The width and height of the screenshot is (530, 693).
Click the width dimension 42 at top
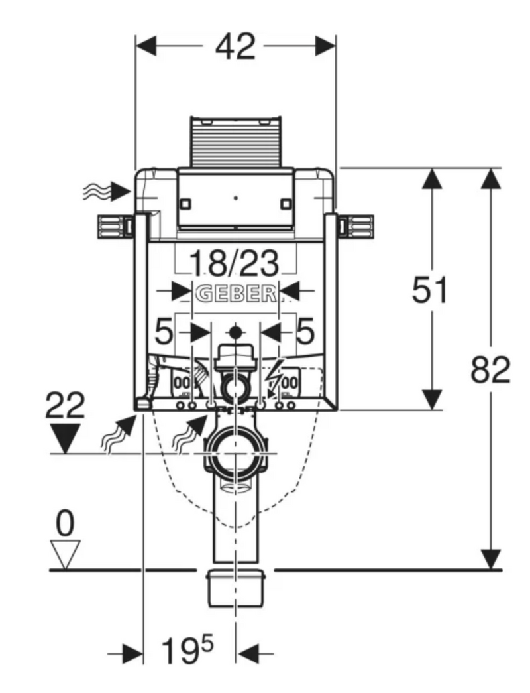coord(235,46)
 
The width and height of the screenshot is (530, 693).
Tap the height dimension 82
coord(490,369)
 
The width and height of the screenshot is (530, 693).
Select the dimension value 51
coord(429,290)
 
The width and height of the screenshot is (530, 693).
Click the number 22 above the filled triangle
coord(65,405)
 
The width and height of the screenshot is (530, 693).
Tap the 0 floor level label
coord(65,523)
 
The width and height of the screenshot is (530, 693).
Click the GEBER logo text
coord(236,294)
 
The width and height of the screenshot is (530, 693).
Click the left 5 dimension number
coord(164,332)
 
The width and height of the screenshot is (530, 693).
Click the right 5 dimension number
coord(305,332)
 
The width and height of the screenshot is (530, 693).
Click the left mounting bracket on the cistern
coord(116,227)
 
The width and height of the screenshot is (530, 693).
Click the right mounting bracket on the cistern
coord(356,227)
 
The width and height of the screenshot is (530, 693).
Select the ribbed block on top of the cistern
coord(236,143)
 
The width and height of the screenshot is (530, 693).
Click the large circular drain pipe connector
coord(235,454)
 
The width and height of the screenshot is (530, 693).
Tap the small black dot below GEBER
coord(237,332)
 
